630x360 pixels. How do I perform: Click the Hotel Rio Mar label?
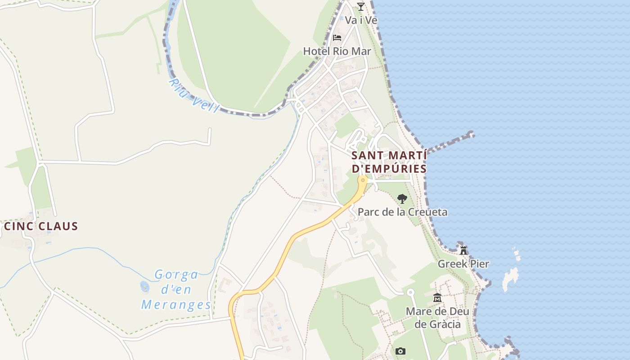(x=337, y=51)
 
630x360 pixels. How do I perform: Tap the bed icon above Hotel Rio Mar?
(x=337, y=37)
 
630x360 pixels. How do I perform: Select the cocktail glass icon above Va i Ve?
(x=360, y=6)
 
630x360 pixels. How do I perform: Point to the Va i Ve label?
(x=361, y=20)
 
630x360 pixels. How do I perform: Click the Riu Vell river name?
(x=193, y=96)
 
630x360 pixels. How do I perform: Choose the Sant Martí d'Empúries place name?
(x=389, y=162)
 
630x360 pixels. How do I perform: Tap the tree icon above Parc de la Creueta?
(x=402, y=198)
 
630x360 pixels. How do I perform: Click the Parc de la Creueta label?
(x=402, y=212)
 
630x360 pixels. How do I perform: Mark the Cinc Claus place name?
(x=41, y=226)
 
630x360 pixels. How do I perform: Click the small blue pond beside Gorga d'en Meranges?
(x=144, y=286)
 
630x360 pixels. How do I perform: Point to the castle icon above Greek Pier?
(x=463, y=250)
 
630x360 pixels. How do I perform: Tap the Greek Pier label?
(x=463, y=264)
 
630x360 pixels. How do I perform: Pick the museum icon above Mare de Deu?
(x=437, y=297)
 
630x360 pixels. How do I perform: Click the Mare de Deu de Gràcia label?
(x=437, y=318)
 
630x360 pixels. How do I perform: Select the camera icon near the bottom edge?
(x=400, y=351)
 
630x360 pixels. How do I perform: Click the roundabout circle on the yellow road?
(x=363, y=180)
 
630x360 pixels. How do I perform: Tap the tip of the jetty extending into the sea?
(x=471, y=134)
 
